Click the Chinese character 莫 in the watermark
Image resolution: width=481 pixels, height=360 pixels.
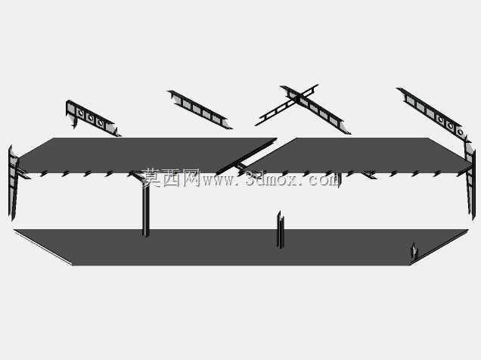(x=152, y=178)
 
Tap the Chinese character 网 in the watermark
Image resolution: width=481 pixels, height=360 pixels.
(x=191, y=178)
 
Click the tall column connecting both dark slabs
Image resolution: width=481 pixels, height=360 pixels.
(x=146, y=205)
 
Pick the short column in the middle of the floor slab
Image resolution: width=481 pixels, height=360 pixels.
(x=281, y=230)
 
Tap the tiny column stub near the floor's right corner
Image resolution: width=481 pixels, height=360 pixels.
(x=414, y=250)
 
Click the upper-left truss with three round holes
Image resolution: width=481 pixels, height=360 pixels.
(x=92, y=118)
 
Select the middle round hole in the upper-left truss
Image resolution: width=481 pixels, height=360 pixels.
(x=91, y=117)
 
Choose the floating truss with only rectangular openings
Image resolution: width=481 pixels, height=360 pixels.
(x=200, y=110)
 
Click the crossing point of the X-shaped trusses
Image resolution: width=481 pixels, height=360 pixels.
(x=298, y=97)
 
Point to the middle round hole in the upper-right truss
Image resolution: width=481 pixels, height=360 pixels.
(x=450, y=126)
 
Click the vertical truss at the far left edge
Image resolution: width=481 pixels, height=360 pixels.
(x=13, y=182)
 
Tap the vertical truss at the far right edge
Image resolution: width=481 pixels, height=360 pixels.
(x=470, y=178)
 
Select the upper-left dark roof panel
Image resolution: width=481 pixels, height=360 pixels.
(x=144, y=155)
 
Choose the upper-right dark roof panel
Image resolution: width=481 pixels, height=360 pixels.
(x=359, y=155)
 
